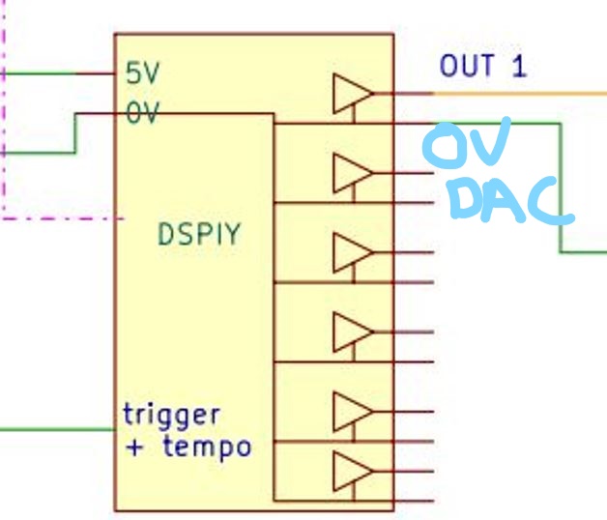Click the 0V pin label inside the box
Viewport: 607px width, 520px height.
pyautogui.click(x=141, y=114)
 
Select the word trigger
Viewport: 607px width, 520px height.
pyautogui.click(x=171, y=417)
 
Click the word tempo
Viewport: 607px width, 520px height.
pyautogui.click(x=207, y=447)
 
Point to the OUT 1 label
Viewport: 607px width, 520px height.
pyautogui.click(x=483, y=67)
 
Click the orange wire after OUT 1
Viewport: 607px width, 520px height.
pyautogui.click(x=522, y=94)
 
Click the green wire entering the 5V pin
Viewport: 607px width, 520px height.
pyautogui.click(x=39, y=72)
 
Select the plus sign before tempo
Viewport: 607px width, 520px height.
pyautogui.click(x=134, y=447)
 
